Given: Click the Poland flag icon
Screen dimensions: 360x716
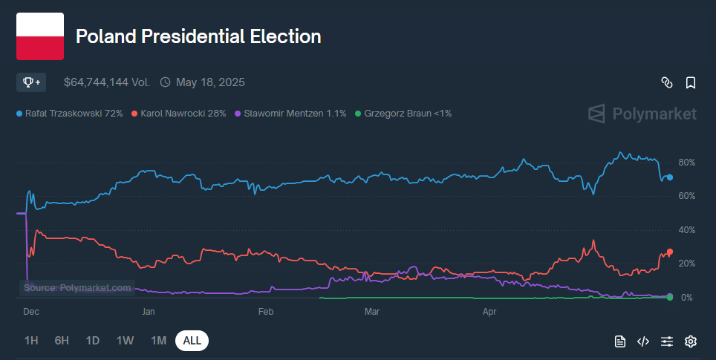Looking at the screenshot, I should point(40,36).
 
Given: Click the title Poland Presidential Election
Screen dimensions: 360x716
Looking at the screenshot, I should point(198,36).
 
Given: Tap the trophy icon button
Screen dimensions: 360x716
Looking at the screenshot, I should point(31,82).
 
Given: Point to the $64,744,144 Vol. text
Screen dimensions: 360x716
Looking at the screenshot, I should point(107,82).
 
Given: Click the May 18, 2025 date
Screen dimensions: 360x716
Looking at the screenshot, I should point(210,82).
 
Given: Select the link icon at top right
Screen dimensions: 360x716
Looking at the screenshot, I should point(667,82).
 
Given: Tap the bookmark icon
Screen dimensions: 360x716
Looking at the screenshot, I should point(691,82).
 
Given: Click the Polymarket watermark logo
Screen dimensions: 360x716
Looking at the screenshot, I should point(642,114).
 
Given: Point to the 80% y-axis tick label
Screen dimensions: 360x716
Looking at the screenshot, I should point(686,162).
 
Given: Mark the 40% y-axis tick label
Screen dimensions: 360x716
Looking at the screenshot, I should point(686,230).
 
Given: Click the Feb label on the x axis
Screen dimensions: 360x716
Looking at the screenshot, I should point(266,312).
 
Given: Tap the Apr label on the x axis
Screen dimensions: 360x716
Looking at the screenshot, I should point(489,312).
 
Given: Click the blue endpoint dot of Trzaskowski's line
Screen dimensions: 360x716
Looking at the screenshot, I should point(669,177).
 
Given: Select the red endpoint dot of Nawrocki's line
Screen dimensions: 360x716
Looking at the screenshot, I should point(669,252).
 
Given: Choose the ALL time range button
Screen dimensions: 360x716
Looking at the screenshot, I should point(192,341).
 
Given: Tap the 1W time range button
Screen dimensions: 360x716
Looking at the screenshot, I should point(125,341).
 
